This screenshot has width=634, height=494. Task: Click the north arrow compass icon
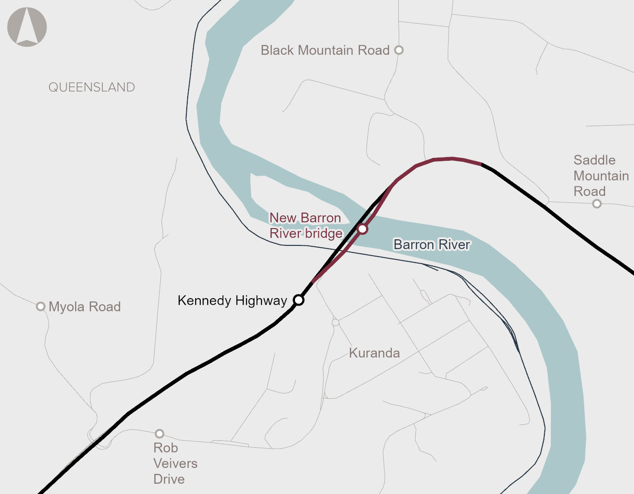(27, 27)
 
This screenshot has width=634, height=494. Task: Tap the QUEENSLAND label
(92, 87)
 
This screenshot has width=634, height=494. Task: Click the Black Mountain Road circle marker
(399, 50)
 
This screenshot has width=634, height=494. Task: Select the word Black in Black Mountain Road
(277, 50)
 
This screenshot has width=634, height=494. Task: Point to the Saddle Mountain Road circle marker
(597, 204)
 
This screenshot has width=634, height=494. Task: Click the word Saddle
(594, 160)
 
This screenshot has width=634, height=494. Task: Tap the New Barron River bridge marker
(362, 229)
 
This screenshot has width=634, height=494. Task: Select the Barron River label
(432, 244)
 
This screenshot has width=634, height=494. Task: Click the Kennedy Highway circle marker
(299, 300)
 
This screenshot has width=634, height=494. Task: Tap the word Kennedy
(204, 301)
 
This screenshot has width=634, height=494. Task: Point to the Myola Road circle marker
(41, 307)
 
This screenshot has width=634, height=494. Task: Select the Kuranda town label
(374, 353)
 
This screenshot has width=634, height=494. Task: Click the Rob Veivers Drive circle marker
(159, 434)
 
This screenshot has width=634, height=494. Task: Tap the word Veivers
(176, 464)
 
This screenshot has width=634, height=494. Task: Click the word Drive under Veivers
(169, 480)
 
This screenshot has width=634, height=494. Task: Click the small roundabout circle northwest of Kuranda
(335, 322)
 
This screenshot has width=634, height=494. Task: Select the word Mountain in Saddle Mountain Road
(601, 176)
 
